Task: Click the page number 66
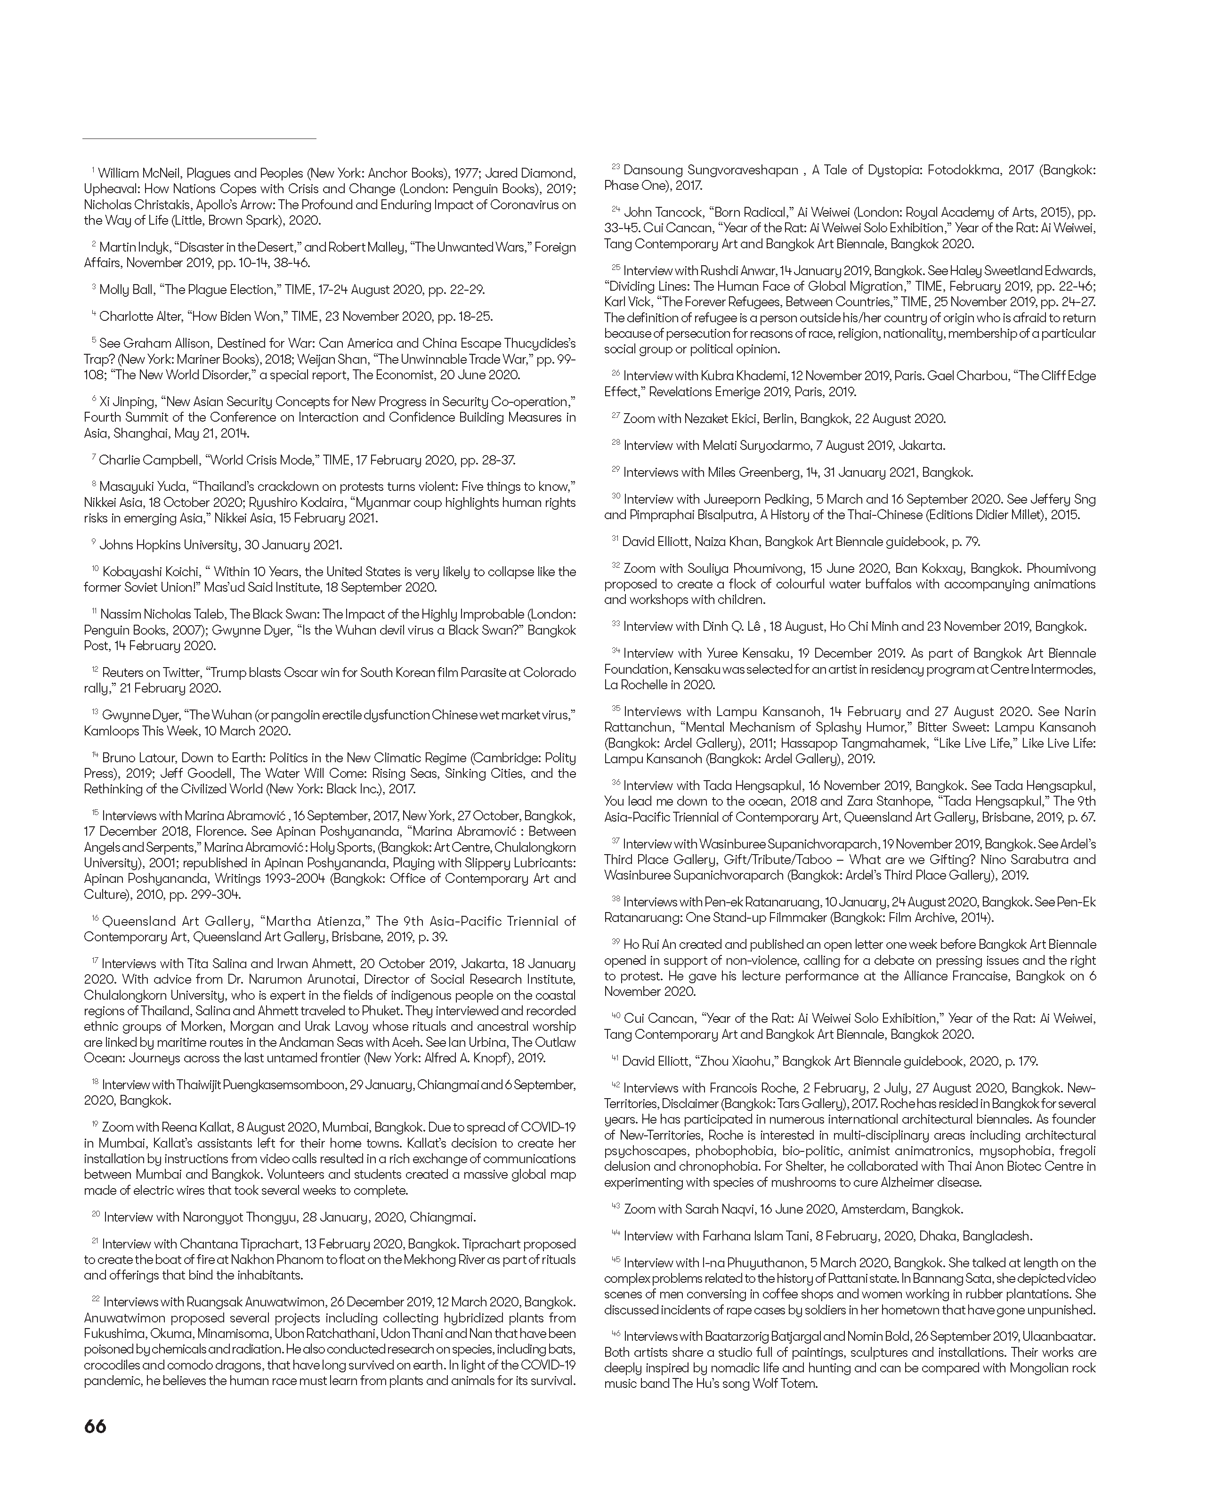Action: click(x=95, y=1426)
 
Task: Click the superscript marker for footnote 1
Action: click(x=93, y=170)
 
